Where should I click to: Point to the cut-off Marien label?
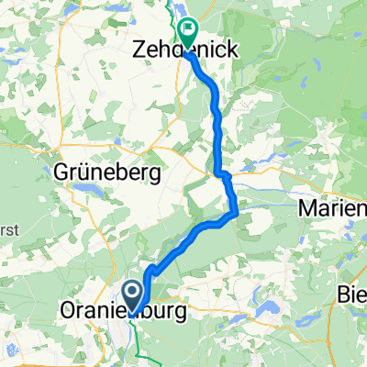point(333,210)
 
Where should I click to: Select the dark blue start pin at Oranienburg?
point(132,294)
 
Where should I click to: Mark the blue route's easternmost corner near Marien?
point(238,213)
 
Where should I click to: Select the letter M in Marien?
point(307,210)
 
